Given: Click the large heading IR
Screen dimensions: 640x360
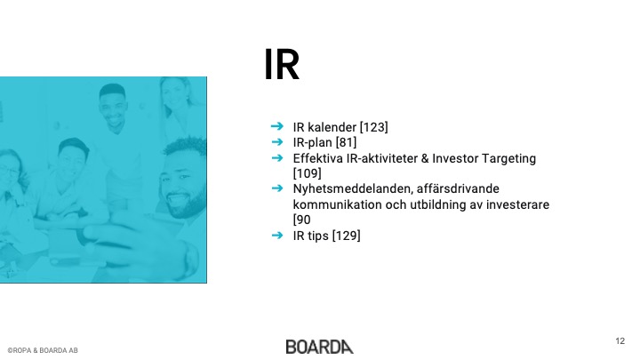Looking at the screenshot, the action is (x=282, y=65).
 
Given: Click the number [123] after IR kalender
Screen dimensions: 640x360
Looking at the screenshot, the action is (x=373, y=127).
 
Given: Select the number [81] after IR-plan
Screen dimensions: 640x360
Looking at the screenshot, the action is (x=346, y=142).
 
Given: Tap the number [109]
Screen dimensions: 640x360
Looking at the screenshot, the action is (x=307, y=173).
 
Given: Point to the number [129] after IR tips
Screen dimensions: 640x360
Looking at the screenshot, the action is (x=346, y=236).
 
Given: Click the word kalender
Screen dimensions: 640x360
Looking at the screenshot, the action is (x=332, y=127).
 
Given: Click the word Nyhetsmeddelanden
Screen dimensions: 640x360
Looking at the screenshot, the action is (x=352, y=189).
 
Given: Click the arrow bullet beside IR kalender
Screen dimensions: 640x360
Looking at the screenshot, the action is (x=277, y=126).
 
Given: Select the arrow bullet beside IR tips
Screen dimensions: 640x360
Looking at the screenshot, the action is (x=277, y=235).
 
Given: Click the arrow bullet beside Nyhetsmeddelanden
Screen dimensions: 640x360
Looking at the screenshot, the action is (x=277, y=188).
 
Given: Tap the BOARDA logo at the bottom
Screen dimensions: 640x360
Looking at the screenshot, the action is (x=320, y=347).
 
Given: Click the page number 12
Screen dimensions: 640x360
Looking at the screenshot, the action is (x=620, y=341).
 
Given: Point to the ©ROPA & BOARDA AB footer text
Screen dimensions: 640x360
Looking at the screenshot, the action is (x=43, y=350).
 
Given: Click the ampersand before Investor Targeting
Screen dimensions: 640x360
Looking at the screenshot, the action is (x=425, y=158).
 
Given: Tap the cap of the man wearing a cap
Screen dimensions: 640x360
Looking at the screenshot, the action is (x=74, y=145).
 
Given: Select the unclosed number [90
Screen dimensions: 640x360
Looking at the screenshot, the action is (x=302, y=220).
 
